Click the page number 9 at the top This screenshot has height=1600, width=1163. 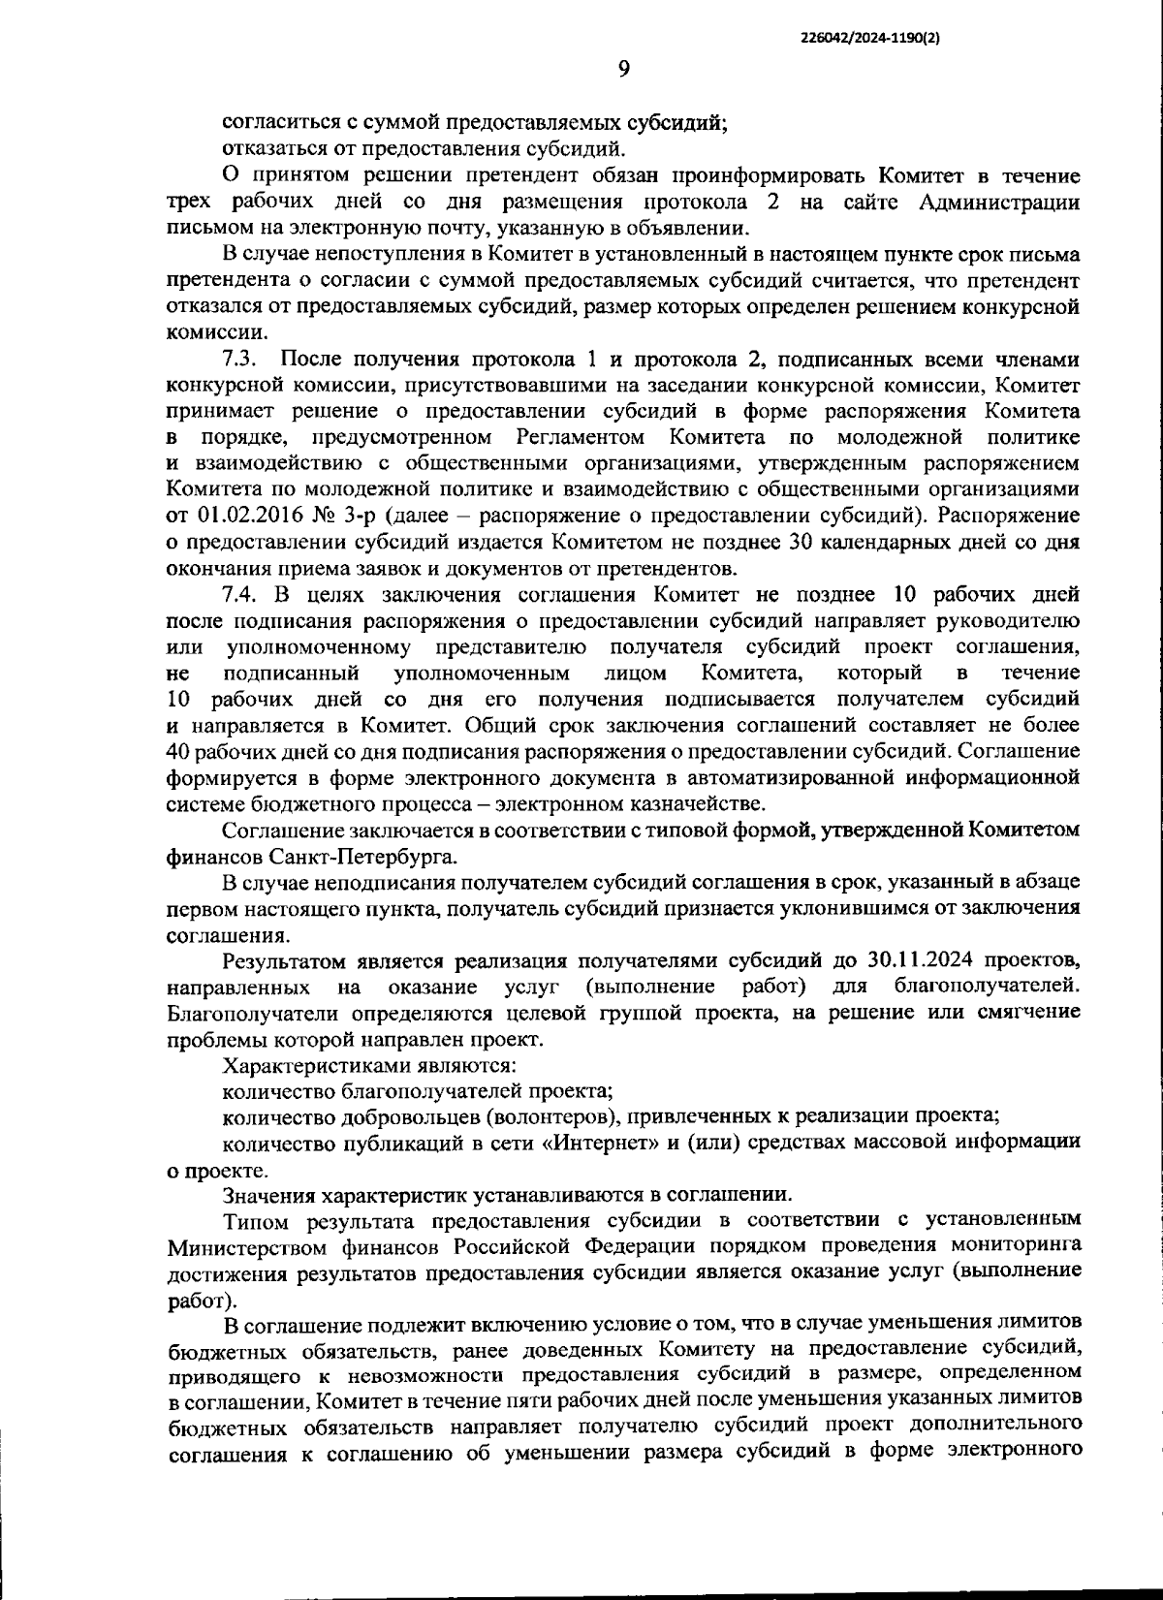click(623, 68)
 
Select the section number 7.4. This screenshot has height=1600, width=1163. click(238, 594)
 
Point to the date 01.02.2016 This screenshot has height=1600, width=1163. click(245, 516)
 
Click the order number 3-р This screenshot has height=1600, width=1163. click(364, 516)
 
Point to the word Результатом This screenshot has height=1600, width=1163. click(284, 960)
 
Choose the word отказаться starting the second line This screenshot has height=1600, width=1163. click(275, 149)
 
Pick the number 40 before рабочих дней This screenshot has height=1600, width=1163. click(179, 751)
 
